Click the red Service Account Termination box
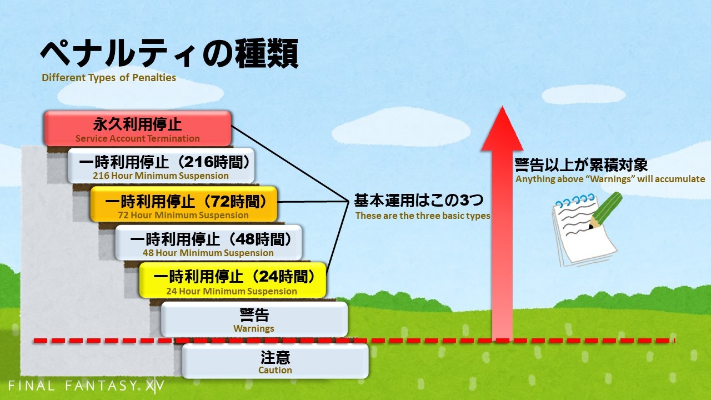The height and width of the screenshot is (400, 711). [137, 128]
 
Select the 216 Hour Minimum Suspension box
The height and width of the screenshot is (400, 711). [161, 166]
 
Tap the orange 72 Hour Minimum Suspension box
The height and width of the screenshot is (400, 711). [184, 204]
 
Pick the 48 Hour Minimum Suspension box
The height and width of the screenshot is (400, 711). [208, 243]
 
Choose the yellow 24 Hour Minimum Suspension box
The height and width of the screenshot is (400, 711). [233, 280]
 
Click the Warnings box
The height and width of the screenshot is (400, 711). [254, 319]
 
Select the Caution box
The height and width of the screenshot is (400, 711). [275, 361]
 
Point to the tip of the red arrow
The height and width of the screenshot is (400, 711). [502, 106]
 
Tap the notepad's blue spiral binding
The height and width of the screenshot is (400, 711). [575, 200]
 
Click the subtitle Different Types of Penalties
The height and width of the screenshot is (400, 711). [109, 78]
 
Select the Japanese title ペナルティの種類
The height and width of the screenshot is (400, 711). [169, 53]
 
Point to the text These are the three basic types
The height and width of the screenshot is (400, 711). [423, 216]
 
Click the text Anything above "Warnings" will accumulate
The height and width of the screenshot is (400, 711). [610, 179]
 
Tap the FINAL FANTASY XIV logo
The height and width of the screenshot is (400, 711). [86, 386]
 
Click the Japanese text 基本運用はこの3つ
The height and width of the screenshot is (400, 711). [419, 201]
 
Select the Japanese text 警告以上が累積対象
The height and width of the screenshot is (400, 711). [581, 165]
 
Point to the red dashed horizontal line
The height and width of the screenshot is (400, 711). [354, 341]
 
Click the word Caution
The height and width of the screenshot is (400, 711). [275, 371]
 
